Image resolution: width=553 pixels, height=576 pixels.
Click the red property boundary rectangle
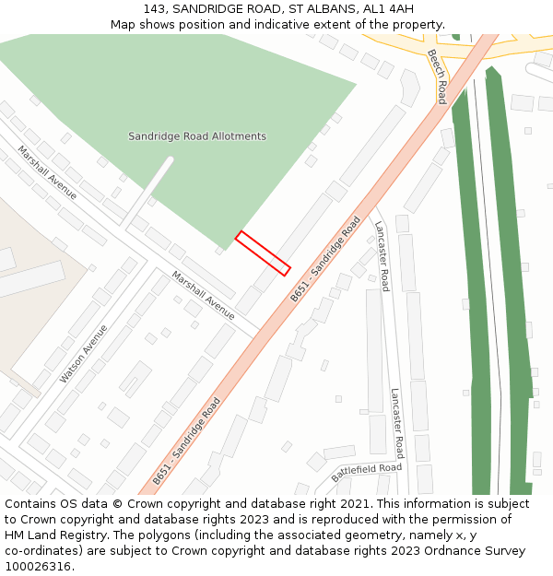pos(263,253)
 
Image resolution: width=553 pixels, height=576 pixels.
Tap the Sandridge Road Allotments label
pos(197,136)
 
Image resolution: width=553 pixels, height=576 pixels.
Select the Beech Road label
pos(437,76)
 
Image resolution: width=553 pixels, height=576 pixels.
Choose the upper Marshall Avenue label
pos(47,171)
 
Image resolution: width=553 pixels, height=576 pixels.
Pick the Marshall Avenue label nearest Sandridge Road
pos(203,294)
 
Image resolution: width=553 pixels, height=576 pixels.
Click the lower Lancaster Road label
pos(396,422)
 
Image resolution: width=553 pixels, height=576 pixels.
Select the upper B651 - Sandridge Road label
pos(325,259)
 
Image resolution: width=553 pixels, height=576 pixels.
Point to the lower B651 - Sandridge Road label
pos(187,441)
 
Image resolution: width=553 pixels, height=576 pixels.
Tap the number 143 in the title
pos(154,9)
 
